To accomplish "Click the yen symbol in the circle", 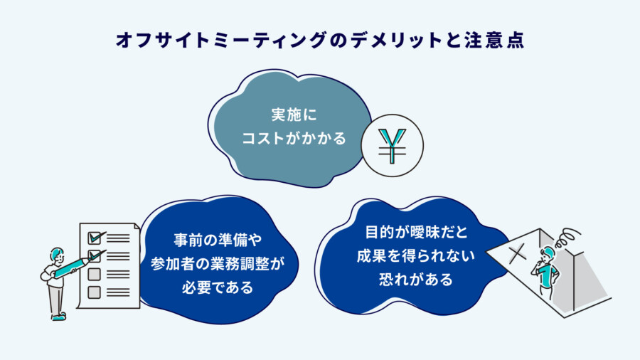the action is [x=393, y=146].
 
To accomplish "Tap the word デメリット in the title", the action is [x=396, y=41].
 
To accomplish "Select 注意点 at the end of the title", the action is [x=494, y=41].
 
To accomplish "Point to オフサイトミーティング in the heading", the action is [x=221, y=41].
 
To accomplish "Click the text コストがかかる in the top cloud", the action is [x=294, y=138].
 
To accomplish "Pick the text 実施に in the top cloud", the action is [x=294, y=115].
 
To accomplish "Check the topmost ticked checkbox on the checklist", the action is [x=95, y=238].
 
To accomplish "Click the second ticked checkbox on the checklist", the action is [x=95, y=256].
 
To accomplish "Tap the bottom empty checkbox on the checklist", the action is [x=95, y=292].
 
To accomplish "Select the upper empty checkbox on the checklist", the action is [x=95, y=275].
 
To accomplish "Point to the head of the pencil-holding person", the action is [x=57, y=255].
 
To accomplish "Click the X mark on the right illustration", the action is [x=518, y=253].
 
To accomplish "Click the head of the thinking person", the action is [x=548, y=254].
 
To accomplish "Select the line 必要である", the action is [x=218, y=287].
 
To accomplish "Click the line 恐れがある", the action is [x=416, y=280].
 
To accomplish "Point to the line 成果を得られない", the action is [x=416, y=256].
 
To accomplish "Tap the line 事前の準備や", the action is [x=218, y=240].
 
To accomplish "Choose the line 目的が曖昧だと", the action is [x=416, y=232].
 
